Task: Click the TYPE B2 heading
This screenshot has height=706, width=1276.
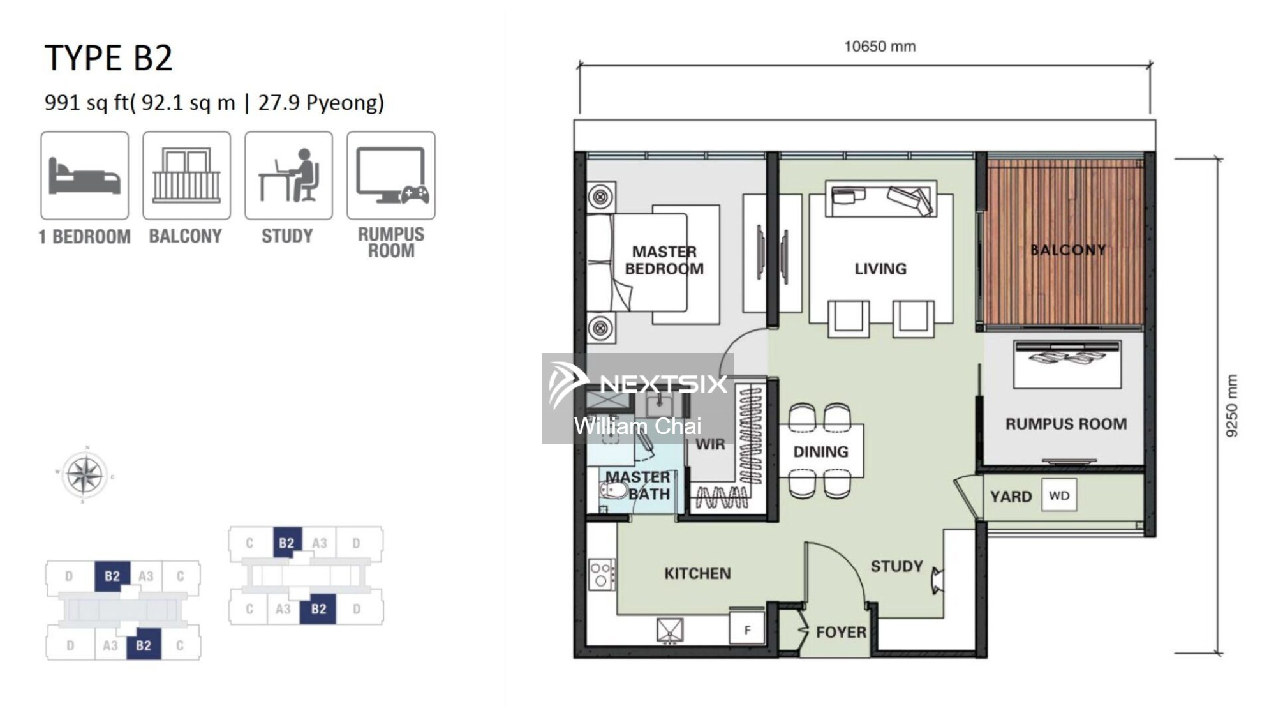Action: [x=108, y=58]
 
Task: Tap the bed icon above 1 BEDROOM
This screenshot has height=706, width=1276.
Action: [x=85, y=176]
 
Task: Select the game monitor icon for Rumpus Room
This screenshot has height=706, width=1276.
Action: [x=392, y=176]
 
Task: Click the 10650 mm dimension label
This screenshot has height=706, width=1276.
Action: [x=880, y=47]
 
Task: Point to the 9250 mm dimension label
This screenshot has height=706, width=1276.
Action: [x=1231, y=406]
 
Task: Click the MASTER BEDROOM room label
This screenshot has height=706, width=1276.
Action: [x=664, y=260]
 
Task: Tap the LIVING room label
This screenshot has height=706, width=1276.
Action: [x=880, y=269]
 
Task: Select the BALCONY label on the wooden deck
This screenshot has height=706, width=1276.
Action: [x=1068, y=250]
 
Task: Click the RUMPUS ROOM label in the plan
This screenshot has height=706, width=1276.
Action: [x=1066, y=424]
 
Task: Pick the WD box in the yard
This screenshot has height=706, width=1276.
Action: [x=1059, y=495]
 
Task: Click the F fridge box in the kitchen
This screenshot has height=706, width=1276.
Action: [x=747, y=629]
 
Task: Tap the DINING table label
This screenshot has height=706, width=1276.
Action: [x=820, y=452]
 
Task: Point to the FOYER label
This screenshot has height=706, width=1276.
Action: [x=841, y=632]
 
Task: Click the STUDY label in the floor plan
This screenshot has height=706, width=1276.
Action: [x=896, y=566]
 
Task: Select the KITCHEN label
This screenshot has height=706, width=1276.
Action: [x=697, y=573]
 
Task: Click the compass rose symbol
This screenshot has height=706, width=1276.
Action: [x=85, y=475]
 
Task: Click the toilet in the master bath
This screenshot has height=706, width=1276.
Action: [x=614, y=491]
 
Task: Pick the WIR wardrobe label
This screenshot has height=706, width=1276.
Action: [x=710, y=444]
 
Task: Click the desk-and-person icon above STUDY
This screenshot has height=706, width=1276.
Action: [x=289, y=176]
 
